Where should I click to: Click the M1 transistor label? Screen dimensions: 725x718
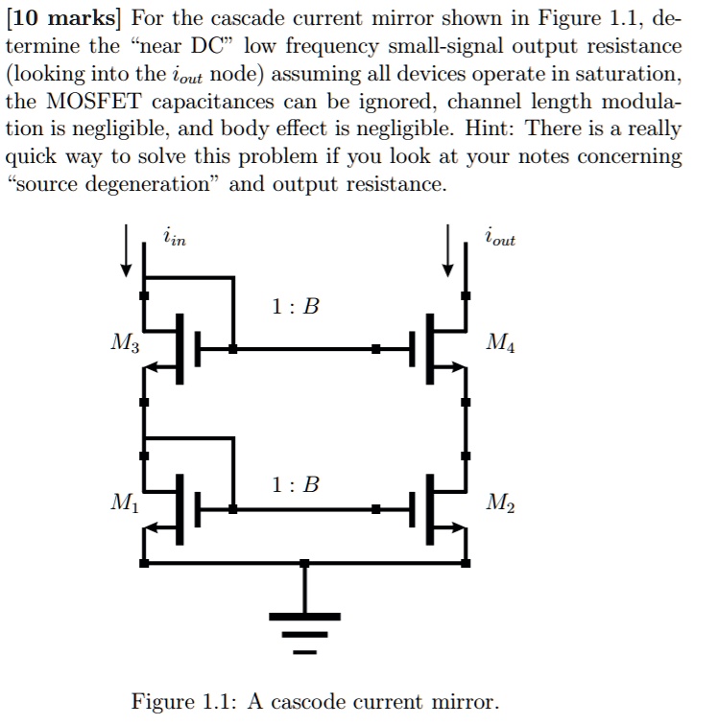pos(123,502)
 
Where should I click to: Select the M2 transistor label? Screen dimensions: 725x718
pos(499,502)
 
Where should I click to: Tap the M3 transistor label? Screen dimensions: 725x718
pos(123,342)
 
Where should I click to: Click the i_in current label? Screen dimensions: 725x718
pos(174,236)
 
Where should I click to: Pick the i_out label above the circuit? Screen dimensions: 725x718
pos(499,236)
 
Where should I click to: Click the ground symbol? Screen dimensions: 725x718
pos(305,628)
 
